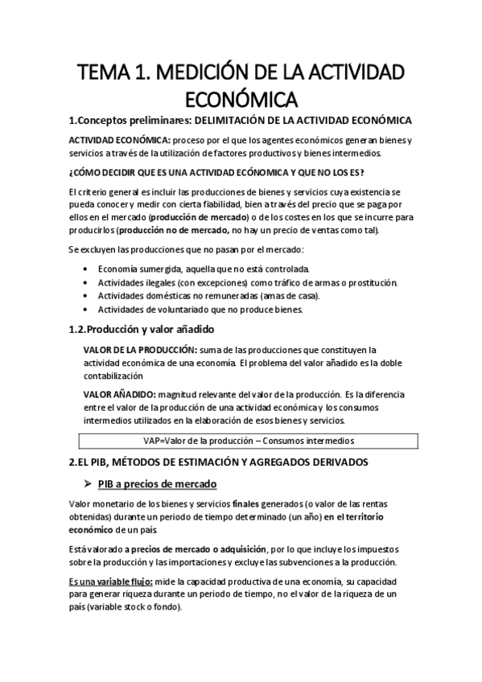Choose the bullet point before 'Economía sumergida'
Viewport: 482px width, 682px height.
click(86, 268)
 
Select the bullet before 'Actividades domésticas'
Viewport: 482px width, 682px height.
click(86, 295)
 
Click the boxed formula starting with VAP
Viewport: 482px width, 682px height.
click(248, 441)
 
